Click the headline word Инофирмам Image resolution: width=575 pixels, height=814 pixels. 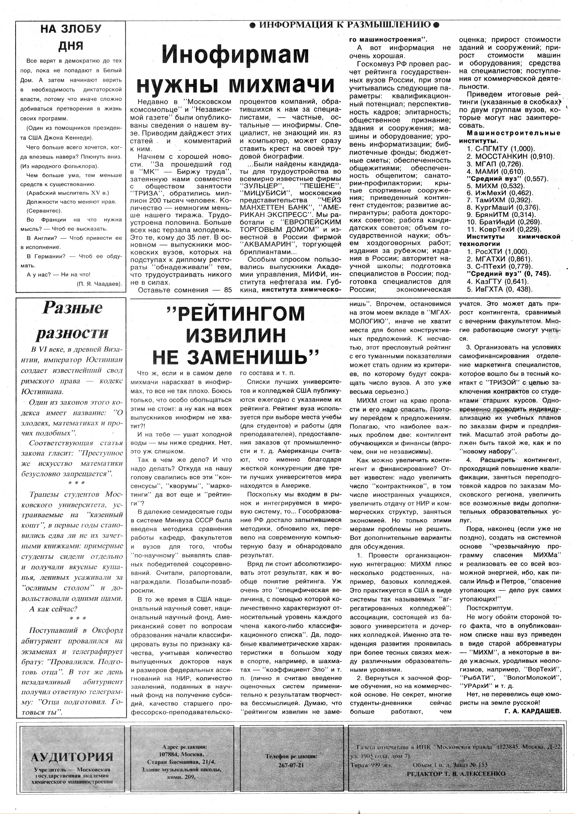[x=235, y=55]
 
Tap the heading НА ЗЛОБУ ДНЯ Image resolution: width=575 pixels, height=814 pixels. [x=71, y=37]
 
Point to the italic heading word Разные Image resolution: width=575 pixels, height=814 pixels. [x=72, y=308]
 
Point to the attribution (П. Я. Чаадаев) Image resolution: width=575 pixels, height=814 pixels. [x=99, y=284]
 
